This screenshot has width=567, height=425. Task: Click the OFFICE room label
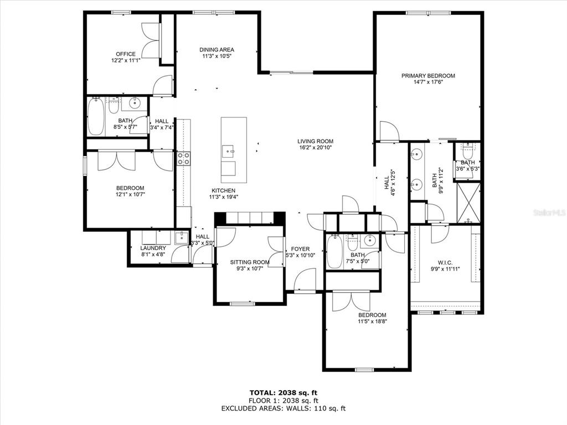click(x=126, y=54)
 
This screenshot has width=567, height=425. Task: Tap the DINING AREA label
click(x=217, y=49)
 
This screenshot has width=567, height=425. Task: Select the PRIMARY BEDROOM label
click(x=428, y=75)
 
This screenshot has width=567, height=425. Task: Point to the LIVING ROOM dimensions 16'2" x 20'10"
click(x=315, y=147)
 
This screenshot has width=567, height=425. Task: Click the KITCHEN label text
click(x=224, y=190)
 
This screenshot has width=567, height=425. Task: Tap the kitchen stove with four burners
click(x=183, y=158)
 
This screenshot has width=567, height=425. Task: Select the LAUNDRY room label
click(x=153, y=248)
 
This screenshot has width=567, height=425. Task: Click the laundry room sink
click(x=181, y=237)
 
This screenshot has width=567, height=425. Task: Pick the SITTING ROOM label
click(x=250, y=262)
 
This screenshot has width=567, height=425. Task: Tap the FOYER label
click(x=300, y=249)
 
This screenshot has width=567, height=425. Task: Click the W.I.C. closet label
click(x=445, y=263)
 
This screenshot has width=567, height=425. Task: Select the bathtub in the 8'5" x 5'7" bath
click(x=96, y=116)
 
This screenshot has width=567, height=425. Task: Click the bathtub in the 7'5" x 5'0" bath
click(x=334, y=251)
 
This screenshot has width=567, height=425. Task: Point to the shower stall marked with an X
click(x=468, y=203)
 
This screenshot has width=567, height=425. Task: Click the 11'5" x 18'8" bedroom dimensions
click(x=373, y=321)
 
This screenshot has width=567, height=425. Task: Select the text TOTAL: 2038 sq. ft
click(x=283, y=392)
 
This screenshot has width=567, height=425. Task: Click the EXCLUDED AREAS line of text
click(x=283, y=408)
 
